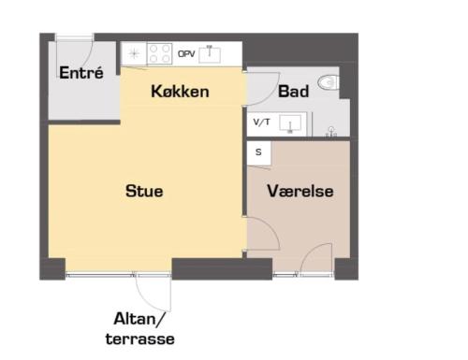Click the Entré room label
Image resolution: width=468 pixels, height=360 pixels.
81,73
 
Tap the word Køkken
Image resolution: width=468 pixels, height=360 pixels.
180,92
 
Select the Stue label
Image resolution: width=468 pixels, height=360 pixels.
144,191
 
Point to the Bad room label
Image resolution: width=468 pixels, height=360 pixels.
293,92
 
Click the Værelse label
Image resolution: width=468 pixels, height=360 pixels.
300,191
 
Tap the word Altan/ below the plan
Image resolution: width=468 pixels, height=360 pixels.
139,319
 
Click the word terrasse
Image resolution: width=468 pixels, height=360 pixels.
140,339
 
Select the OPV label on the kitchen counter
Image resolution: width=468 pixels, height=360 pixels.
186,54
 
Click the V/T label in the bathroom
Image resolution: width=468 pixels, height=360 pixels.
261,122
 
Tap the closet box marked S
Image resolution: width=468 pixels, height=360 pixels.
258,152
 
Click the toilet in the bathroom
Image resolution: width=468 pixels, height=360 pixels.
329,83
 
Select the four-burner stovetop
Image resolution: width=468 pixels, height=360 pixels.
159,53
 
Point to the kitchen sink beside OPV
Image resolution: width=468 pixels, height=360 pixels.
210,54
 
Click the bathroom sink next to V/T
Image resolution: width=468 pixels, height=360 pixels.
290,123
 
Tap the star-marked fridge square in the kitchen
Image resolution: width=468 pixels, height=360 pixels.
134,54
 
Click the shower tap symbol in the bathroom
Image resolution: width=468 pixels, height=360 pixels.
331,132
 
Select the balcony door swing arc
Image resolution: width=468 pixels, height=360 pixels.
147,300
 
